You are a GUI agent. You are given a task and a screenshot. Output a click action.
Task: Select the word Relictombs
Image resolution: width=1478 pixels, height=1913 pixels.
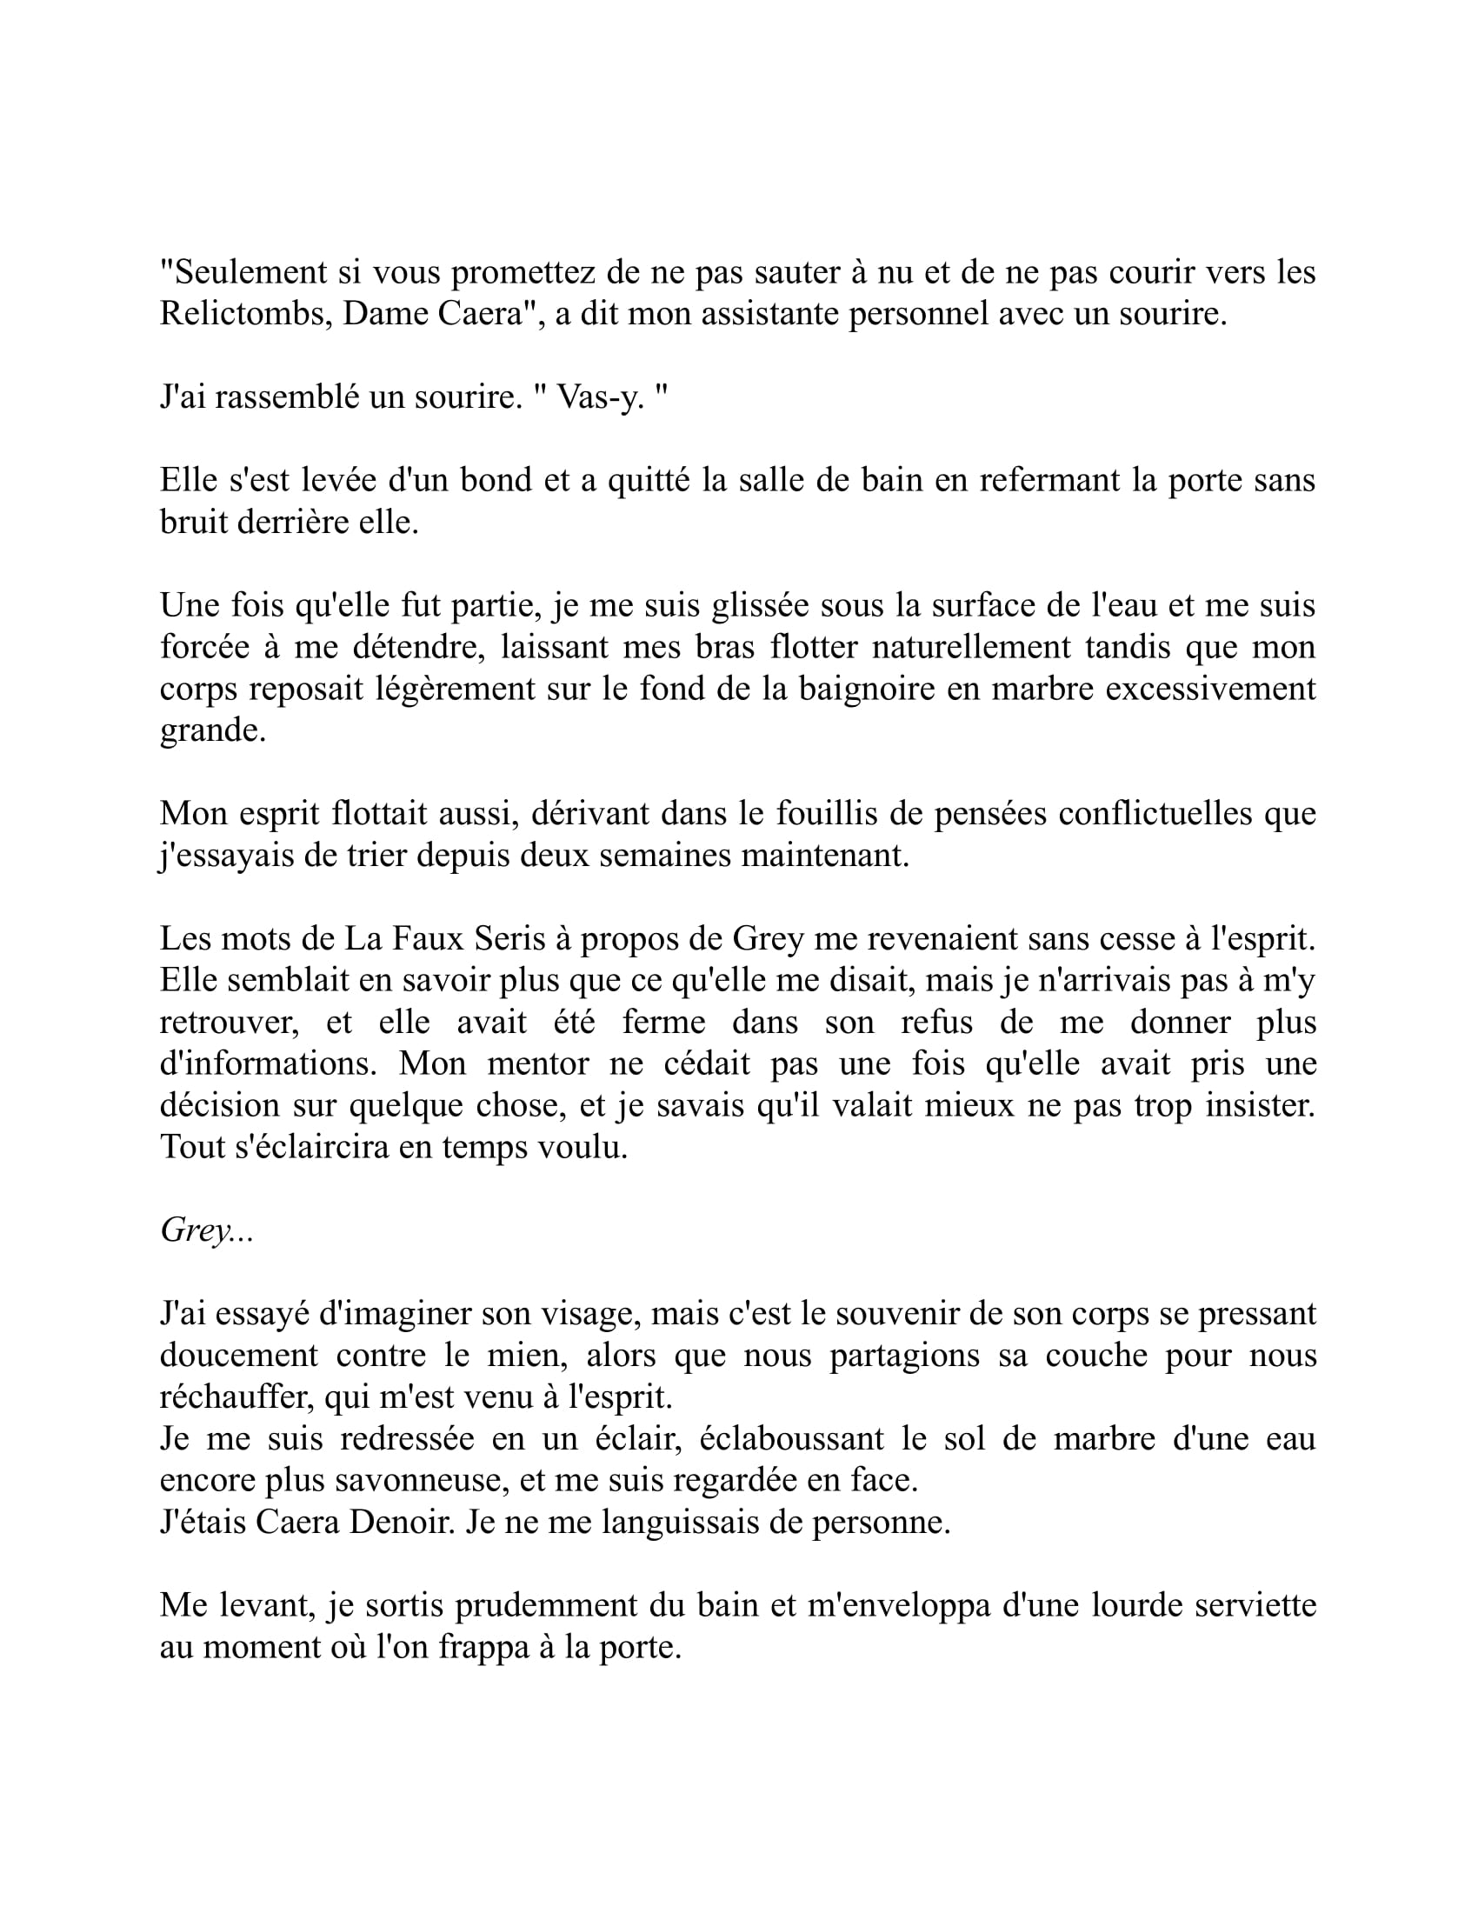pos(244,314)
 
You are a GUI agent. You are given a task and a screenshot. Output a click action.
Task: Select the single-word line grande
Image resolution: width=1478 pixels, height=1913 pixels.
pos(212,730)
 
